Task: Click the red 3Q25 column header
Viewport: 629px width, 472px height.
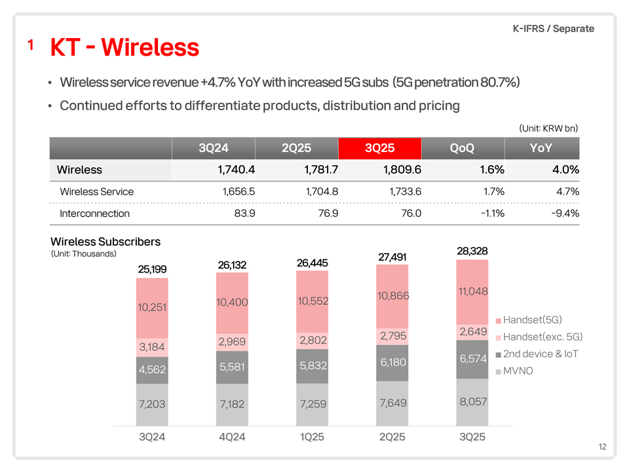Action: coord(380,148)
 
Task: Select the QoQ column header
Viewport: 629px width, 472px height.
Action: coord(462,148)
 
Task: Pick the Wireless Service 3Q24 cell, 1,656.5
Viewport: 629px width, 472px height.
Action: coord(238,191)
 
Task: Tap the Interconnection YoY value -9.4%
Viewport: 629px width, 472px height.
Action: coord(565,213)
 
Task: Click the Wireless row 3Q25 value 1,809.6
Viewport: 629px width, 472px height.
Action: coord(402,170)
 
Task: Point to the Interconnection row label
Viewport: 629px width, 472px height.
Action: coord(94,214)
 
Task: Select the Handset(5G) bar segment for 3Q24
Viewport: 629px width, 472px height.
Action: coord(152,308)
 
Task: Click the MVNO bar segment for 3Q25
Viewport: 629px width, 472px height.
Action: coord(472,402)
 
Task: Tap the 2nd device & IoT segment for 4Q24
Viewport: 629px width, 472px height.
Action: coord(232,367)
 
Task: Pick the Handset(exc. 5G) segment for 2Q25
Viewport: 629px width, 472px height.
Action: coord(392,336)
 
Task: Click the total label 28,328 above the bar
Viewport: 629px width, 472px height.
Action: coord(472,251)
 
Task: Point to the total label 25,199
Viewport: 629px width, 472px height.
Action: coord(152,269)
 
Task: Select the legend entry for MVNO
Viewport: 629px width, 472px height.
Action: coord(514,371)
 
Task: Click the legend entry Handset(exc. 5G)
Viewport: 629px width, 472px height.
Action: coord(539,337)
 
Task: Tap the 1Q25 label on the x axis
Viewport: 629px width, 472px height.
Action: coord(312,437)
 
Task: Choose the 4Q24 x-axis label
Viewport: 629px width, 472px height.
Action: coord(232,437)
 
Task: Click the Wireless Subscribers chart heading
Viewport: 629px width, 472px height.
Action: coord(105,242)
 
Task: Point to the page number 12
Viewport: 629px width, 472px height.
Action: coord(602,446)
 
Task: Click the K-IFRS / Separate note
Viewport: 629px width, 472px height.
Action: coord(554,28)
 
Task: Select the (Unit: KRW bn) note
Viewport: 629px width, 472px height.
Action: coord(548,128)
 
